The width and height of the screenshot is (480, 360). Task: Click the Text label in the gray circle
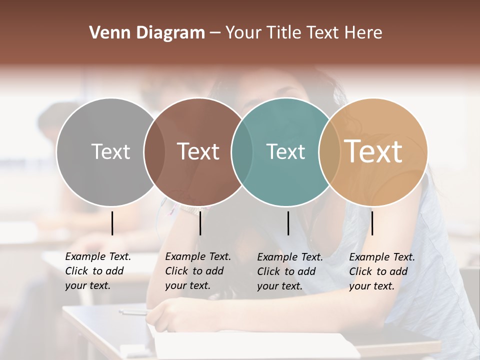click(x=110, y=151)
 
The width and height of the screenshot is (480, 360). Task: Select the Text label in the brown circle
click(x=198, y=151)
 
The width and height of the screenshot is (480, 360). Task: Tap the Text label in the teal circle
click(x=285, y=151)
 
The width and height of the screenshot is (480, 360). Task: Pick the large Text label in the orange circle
click(x=373, y=151)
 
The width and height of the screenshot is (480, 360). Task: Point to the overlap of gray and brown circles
click(x=154, y=152)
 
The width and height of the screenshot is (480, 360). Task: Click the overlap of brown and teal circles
click(x=242, y=152)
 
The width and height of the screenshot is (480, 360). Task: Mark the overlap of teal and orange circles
click(x=329, y=152)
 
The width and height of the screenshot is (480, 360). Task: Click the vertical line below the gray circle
click(x=112, y=223)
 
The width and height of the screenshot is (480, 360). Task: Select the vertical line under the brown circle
click(x=200, y=223)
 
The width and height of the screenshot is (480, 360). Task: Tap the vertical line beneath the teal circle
click(x=288, y=223)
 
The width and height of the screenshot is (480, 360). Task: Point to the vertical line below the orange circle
click(x=372, y=223)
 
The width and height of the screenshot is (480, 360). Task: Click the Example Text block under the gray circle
click(x=97, y=271)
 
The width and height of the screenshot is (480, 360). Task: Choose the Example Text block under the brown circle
click(x=197, y=271)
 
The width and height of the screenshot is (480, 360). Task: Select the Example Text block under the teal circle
click(x=289, y=271)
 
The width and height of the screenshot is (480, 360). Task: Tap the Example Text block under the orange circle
click(x=381, y=271)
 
